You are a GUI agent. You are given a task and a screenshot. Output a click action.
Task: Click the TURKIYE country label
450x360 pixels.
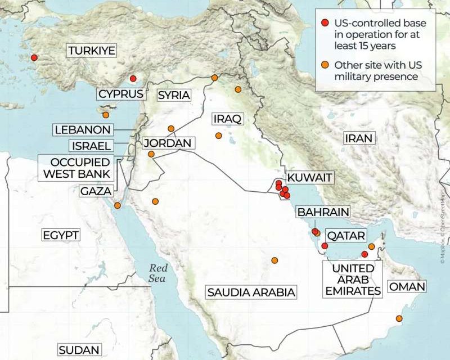point(92,51)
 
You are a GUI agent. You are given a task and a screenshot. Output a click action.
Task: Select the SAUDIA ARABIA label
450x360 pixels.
point(251,292)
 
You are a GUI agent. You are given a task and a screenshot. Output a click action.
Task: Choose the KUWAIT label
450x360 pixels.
point(309,179)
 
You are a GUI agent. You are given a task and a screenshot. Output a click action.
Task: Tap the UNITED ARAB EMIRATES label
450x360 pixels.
point(353,280)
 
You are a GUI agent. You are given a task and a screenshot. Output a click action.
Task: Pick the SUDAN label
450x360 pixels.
point(79,350)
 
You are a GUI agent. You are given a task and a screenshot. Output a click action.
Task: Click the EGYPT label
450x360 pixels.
point(61,235)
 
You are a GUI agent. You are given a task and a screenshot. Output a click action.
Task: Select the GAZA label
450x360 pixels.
point(95,191)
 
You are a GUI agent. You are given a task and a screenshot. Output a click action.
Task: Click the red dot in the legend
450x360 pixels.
point(325,23)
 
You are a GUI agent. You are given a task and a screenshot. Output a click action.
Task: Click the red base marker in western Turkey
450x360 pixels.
point(34,57)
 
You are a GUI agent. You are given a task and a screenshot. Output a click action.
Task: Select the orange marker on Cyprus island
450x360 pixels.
point(106,115)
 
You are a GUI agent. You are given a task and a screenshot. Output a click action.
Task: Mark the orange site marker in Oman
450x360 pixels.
point(399,319)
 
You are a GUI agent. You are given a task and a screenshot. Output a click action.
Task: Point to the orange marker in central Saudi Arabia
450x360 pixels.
point(274,260)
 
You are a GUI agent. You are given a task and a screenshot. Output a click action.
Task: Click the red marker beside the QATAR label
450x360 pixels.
point(325,246)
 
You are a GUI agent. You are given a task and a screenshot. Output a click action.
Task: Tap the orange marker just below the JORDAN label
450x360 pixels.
point(151,154)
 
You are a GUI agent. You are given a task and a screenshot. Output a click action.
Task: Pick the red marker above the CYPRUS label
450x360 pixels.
point(133,79)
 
